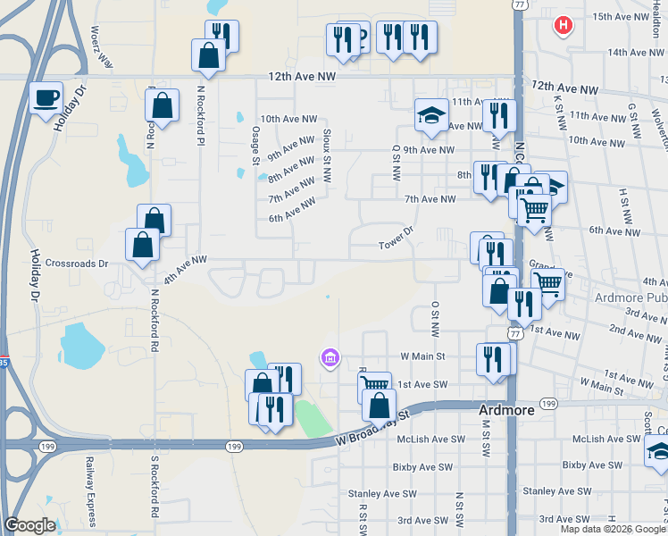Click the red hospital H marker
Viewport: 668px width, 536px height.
563,25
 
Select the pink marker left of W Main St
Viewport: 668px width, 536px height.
329,358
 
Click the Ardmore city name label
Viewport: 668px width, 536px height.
506,409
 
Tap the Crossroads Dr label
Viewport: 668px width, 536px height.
77,264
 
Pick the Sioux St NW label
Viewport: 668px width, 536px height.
327,152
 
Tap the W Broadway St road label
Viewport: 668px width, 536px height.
372,427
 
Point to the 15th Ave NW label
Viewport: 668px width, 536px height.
625,17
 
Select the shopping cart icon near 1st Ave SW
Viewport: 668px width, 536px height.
375,387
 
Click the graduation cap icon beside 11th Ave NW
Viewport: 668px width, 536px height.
430,114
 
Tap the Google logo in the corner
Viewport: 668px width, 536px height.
30,525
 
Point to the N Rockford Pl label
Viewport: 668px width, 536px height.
202,117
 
